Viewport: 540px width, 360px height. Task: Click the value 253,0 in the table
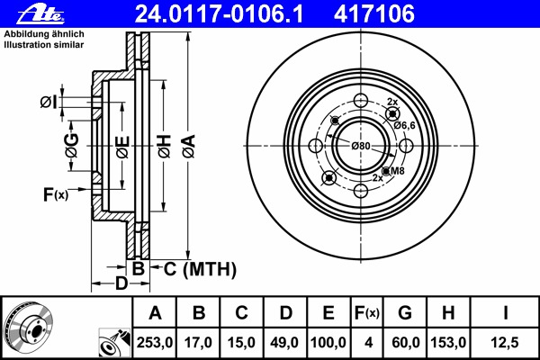click(155, 343)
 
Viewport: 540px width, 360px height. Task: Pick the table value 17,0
click(199, 343)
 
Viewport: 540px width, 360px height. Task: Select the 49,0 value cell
click(284, 343)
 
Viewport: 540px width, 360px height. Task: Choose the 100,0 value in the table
click(328, 343)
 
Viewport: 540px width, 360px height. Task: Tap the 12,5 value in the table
click(506, 343)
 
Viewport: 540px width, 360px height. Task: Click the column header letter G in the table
click(405, 313)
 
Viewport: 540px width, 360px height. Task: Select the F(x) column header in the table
click(366, 313)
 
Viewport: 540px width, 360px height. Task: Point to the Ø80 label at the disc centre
click(361, 146)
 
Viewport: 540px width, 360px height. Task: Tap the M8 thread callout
click(397, 170)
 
